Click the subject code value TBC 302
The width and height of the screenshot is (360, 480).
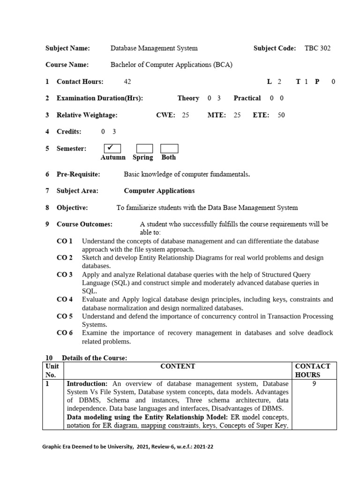pyautogui.click(x=317, y=48)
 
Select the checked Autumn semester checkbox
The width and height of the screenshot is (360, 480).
pyautogui.click(x=112, y=149)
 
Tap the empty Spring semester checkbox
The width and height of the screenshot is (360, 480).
pyautogui.click(x=144, y=149)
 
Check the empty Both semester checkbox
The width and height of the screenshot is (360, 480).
pyautogui.click(x=169, y=149)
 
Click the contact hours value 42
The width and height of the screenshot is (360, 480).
pyautogui.click(x=127, y=82)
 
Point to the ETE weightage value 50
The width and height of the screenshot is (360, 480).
pyautogui.click(x=281, y=115)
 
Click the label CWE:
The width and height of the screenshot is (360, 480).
pyautogui.click(x=165, y=115)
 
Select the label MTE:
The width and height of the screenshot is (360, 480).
pyautogui.click(x=217, y=115)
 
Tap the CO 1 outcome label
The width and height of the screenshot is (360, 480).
pyautogui.click(x=65, y=241)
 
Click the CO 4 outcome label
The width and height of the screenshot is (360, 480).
pyautogui.click(x=65, y=299)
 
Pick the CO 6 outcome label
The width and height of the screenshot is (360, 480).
pyautogui.click(x=65, y=333)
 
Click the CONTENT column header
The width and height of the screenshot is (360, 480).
pyautogui.click(x=178, y=366)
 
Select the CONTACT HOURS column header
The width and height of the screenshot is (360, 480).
pyautogui.click(x=313, y=370)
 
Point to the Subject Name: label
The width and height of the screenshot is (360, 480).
pyautogui.click(x=67, y=48)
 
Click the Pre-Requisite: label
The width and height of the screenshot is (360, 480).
pyautogui.click(x=78, y=174)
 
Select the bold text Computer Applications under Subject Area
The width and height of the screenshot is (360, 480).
pyautogui.click(x=159, y=191)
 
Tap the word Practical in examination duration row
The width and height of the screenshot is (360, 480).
pyautogui.click(x=247, y=98)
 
